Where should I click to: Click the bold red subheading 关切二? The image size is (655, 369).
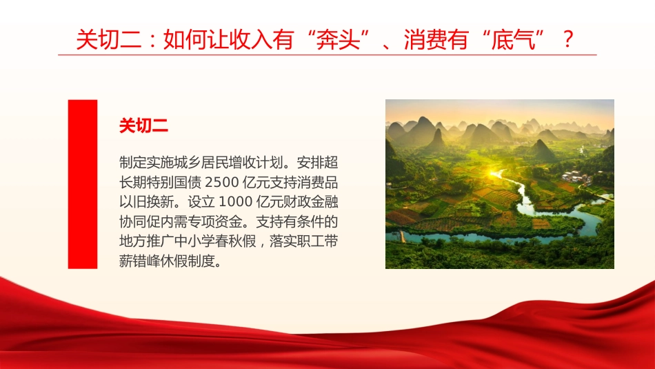tap(143, 126)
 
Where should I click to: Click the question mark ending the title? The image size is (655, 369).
tap(567, 39)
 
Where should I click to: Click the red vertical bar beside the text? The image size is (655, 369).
tap(82, 183)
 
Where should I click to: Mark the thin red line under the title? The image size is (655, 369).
tap(327, 55)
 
